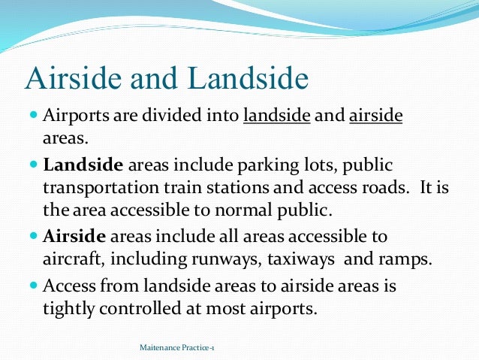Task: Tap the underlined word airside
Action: [376, 118]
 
